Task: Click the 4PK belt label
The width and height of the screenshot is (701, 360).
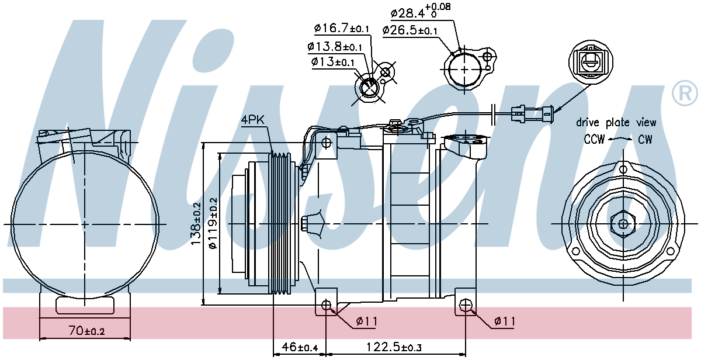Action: point(252,120)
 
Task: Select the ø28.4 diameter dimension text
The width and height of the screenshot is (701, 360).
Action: point(421,11)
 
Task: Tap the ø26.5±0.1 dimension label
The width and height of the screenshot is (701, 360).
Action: point(410,30)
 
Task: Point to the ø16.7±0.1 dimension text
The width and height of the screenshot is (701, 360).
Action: point(342,28)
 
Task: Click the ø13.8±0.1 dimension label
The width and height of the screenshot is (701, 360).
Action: point(335,47)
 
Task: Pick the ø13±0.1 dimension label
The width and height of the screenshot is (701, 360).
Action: point(332,62)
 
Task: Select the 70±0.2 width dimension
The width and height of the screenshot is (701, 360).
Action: point(86,331)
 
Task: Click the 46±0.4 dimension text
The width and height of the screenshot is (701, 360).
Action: point(300,347)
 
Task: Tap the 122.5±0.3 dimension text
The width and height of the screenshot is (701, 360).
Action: point(394,347)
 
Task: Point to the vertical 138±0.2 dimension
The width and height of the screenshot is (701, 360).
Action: point(196,223)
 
